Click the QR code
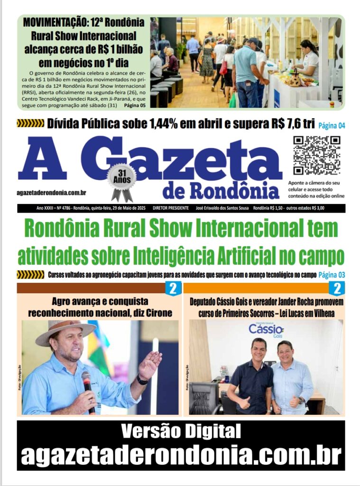tap(316, 155)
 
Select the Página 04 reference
tap(332, 125)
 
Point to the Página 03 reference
tap(332, 275)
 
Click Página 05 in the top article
tap(134, 105)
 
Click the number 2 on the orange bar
tap(338, 288)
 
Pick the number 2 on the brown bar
tap(173, 288)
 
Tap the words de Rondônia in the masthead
tap(221, 190)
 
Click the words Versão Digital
tap(181, 432)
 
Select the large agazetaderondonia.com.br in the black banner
tap(181, 456)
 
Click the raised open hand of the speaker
tap(151, 363)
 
